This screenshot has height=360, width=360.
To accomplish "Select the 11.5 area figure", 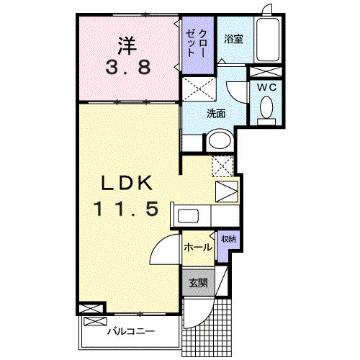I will tap(125, 210).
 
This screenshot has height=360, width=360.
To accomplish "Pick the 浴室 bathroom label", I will tap(233, 40).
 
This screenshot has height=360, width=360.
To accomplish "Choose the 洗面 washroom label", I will tap(216, 113).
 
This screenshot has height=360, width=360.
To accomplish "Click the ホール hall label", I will tap(198, 247).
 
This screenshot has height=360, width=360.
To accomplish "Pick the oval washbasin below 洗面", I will tap(219, 141).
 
